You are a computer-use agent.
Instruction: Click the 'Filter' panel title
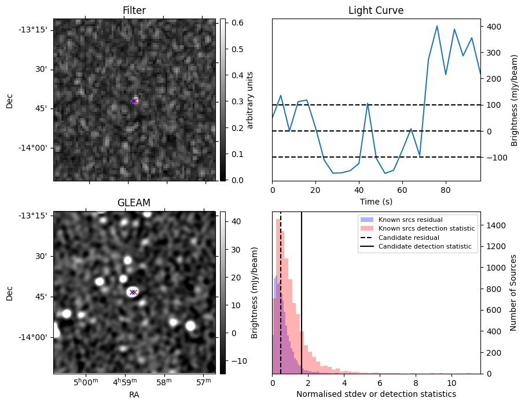134,10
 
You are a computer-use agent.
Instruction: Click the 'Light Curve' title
376,10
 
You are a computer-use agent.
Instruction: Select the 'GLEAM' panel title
134,203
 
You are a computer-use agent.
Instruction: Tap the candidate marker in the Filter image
134,101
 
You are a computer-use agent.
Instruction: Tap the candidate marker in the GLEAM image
133,292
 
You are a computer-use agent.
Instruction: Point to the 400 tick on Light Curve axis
490,27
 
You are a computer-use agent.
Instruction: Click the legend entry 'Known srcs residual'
410,220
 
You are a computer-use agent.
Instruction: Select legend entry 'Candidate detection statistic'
424,247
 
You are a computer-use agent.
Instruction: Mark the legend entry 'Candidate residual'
409,238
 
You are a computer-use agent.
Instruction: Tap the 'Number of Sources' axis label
513,293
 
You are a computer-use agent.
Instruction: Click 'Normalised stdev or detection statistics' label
376,394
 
